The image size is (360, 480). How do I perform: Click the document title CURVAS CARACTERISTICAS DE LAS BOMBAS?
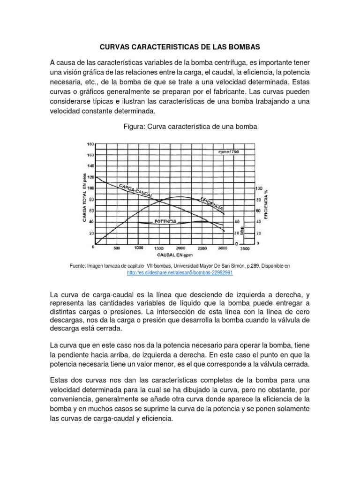(x=180, y=47)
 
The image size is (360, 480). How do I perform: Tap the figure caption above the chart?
(x=180, y=127)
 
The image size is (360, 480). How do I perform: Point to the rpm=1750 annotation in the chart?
(x=228, y=152)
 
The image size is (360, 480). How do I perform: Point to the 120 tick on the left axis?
(x=90, y=177)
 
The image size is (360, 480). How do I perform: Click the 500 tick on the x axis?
(x=117, y=248)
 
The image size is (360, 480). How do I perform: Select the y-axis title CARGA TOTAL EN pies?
(x=84, y=197)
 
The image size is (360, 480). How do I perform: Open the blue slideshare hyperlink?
(x=180, y=272)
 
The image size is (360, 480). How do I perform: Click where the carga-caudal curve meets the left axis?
(x=95, y=177)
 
